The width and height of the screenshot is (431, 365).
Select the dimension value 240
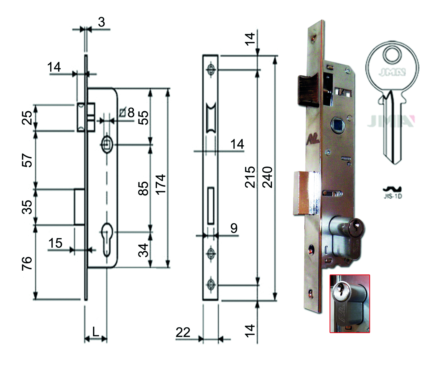(267, 177)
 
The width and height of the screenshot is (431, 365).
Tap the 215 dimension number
(250, 177)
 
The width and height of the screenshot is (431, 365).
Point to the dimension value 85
(143, 188)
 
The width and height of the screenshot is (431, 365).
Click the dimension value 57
(27, 160)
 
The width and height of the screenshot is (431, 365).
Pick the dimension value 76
(27, 263)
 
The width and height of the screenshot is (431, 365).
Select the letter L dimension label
(96, 332)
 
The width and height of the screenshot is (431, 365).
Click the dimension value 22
(183, 332)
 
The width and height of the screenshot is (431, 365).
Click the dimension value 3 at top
(101, 22)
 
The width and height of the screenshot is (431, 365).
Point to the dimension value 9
(234, 228)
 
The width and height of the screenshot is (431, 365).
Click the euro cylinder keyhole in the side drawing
(107, 239)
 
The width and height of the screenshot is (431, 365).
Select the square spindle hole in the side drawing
(107, 144)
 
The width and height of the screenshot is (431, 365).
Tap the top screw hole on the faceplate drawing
(210, 69)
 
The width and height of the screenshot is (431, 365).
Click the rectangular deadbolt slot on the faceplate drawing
(211, 205)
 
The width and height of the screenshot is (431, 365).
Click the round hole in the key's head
(391, 55)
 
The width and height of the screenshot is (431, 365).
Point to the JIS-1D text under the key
(393, 196)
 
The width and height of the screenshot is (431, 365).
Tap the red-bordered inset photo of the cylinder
(350, 304)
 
